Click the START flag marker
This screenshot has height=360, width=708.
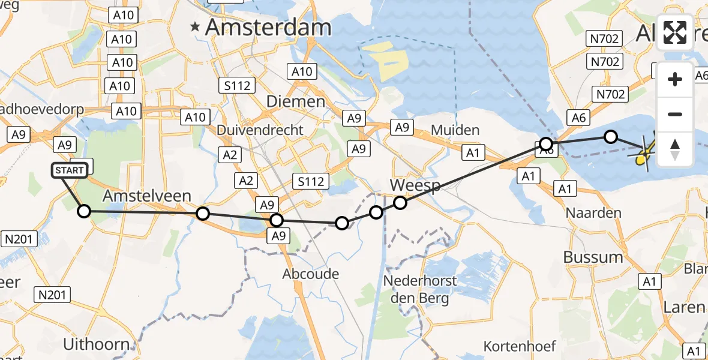70,171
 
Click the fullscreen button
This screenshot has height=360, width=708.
675,32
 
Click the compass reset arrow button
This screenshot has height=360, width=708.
675,149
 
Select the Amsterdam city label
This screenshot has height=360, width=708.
268,28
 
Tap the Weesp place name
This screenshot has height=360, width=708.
415,185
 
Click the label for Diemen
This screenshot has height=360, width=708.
296,101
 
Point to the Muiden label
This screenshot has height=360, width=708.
455,130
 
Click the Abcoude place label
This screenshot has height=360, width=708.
311,274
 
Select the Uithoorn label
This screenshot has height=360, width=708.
96,344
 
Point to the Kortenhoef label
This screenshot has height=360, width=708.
520,346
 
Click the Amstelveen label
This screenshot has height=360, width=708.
147,196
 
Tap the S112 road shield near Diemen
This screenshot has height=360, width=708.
237,86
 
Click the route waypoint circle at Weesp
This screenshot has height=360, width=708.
400,203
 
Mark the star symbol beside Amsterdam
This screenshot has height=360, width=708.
195,26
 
